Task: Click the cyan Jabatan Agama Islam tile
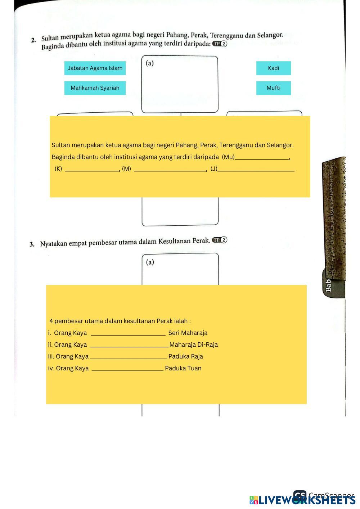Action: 95,68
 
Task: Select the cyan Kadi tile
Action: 273,68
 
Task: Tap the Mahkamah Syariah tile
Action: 95,88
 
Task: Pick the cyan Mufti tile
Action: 273,88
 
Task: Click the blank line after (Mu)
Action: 262,158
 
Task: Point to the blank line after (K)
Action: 92,170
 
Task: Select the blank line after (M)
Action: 170,170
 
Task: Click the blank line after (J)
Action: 256,170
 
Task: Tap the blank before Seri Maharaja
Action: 128,334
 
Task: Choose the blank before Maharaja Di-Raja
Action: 129,346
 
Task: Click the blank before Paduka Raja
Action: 128,357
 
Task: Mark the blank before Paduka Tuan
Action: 127,369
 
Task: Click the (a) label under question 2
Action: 150,63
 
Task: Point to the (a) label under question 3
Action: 150,262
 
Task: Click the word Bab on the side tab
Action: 328,285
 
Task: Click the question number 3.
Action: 32,244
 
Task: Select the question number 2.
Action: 33,40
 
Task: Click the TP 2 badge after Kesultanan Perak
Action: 220,240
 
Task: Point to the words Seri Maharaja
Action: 188,333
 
